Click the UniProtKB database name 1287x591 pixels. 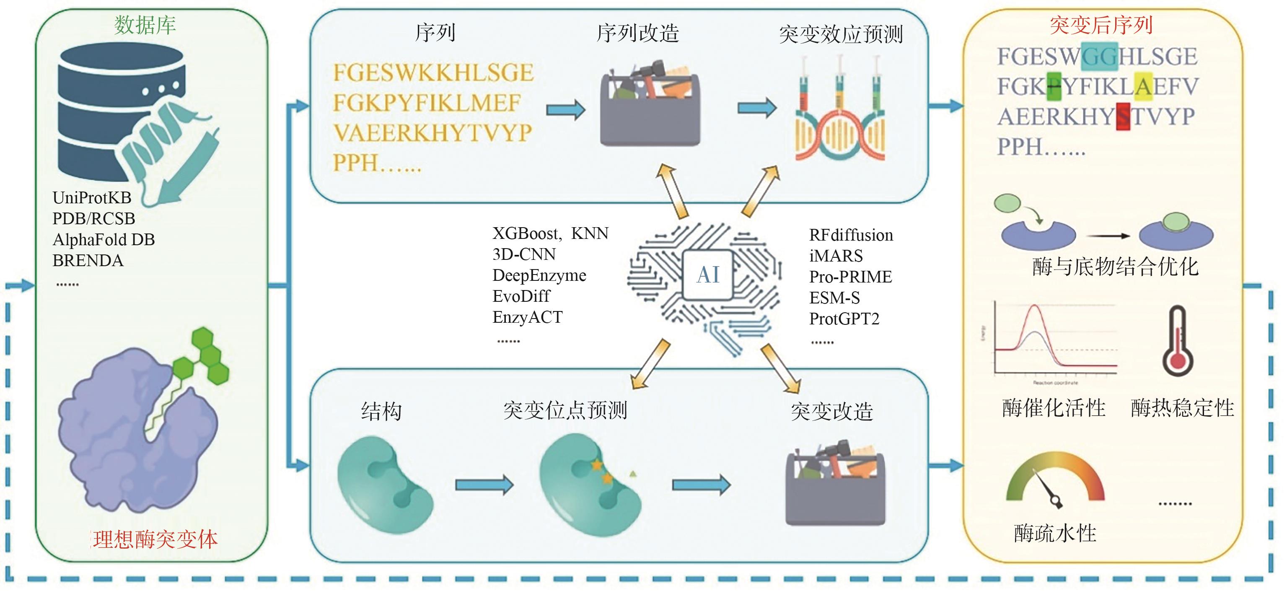click(x=92, y=198)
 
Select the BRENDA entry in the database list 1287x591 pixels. click(x=88, y=261)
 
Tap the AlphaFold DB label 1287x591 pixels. click(x=104, y=240)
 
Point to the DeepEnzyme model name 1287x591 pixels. click(x=540, y=275)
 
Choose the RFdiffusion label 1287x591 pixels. click(x=851, y=235)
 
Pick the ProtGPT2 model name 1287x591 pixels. click(x=844, y=319)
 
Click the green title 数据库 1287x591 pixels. click(x=145, y=25)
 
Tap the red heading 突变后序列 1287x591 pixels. click(x=1101, y=25)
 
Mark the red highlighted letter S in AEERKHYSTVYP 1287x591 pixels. click(x=1123, y=117)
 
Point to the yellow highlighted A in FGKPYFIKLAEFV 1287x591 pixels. click(x=1143, y=86)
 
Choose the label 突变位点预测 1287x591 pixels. click(x=565, y=411)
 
